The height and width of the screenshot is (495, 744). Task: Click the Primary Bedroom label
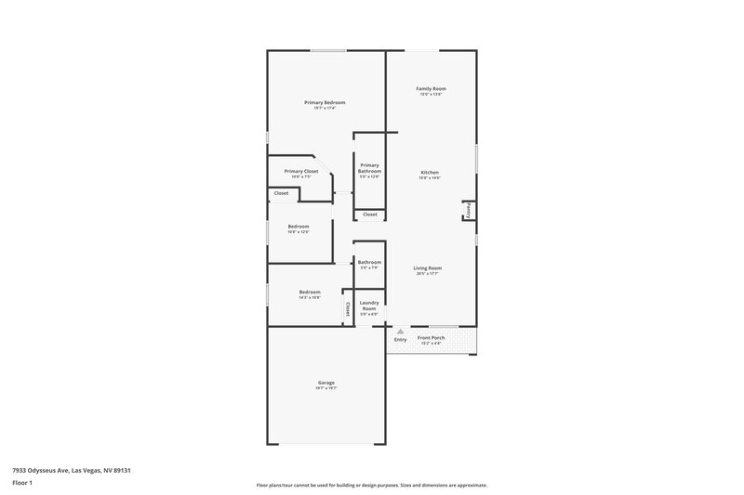(x=325, y=101)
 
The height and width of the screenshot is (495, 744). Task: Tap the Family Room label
(x=430, y=88)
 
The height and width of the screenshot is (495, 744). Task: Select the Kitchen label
(x=430, y=172)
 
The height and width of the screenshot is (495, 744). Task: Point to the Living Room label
(x=428, y=267)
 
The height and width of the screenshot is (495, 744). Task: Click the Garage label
(x=325, y=383)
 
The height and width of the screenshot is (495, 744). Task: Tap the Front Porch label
(x=431, y=337)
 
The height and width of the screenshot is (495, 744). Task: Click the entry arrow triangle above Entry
(x=400, y=330)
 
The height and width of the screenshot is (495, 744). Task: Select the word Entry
(x=400, y=339)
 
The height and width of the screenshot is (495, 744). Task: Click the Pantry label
(x=468, y=211)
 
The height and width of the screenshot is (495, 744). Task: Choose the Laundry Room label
(x=369, y=306)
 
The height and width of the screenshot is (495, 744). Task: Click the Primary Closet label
(x=301, y=171)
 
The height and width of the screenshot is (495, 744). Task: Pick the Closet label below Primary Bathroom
(x=369, y=215)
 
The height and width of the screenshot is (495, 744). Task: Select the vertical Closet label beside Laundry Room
(x=348, y=309)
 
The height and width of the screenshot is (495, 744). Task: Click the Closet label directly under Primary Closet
(x=281, y=193)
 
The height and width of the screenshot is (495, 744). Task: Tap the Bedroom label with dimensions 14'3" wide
(x=310, y=292)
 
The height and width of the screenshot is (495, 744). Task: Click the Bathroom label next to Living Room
(x=369, y=262)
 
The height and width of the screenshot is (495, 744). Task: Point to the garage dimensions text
(x=325, y=388)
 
